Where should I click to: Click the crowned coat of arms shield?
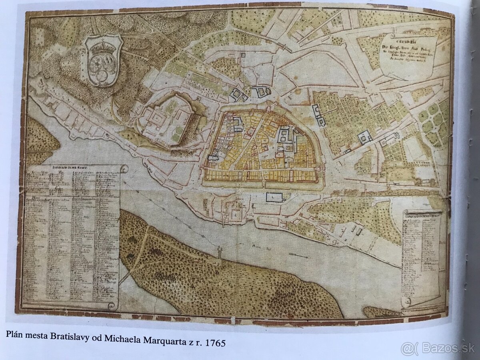click(102, 60)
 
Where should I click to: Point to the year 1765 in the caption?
click(216, 344)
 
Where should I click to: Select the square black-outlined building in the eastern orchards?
click(365, 138)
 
